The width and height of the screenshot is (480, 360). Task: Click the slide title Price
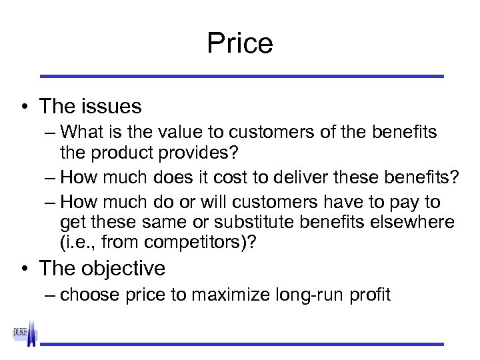coord(240,43)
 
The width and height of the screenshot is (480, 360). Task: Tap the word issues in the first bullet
coord(113,107)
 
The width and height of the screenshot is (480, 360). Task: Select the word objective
coord(123,269)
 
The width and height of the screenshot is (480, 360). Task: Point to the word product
coord(122,153)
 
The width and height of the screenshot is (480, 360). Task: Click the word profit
coord(370,295)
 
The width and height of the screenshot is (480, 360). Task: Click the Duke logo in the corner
coord(25,333)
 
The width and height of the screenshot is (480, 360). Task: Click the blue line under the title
coord(240,76)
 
